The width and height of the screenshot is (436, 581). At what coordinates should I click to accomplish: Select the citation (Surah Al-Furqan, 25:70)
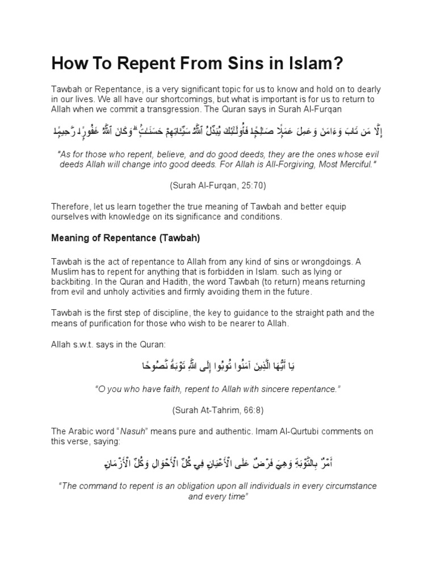coord(218,185)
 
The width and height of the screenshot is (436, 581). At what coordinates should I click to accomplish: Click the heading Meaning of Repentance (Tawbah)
coord(125,238)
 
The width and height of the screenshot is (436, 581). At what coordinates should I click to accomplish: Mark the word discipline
coord(165,313)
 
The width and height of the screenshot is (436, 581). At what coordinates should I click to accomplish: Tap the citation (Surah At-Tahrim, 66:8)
coord(218,410)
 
